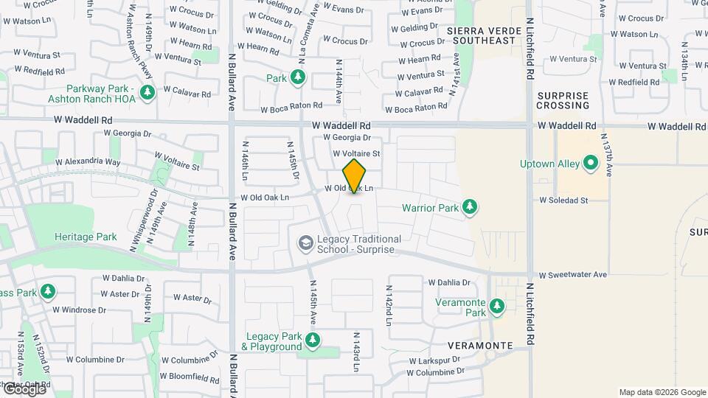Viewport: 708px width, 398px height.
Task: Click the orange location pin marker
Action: (354, 175)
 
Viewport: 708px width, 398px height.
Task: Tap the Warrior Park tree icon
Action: (471, 208)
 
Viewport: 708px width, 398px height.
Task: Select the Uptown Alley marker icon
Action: (590, 164)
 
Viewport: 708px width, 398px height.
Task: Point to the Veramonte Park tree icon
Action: (497, 306)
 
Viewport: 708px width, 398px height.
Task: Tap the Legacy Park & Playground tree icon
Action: (313, 340)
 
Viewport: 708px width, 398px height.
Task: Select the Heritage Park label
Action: (86, 237)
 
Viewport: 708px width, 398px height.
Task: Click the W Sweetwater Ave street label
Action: (572, 275)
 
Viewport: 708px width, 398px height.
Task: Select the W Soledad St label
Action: (563, 200)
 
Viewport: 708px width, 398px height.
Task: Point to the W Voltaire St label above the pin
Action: (356, 154)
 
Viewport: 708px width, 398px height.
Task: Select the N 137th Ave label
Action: (608, 155)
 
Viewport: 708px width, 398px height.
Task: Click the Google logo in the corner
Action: (24, 389)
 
